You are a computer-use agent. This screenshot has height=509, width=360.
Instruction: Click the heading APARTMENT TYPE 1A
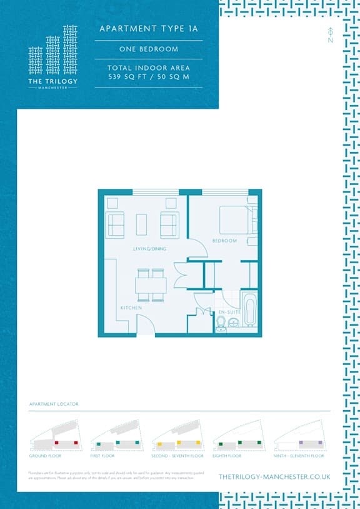[x=149, y=29]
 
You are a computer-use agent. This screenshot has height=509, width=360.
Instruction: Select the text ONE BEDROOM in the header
[x=149, y=49]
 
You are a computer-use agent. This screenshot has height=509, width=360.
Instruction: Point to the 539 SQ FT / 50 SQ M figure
[x=149, y=76]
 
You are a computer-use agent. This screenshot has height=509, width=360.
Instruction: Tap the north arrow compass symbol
[x=329, y=36]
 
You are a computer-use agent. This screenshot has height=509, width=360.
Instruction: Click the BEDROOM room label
[x=224, y=241]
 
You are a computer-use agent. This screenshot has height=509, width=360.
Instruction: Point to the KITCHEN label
[x=131, y=308]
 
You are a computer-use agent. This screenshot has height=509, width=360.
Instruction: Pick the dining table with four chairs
[x=151, y=286]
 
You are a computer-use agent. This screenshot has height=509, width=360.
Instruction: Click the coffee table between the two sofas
[x=142, y=224]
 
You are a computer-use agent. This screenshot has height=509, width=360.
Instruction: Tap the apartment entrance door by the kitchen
[x=145, y=325]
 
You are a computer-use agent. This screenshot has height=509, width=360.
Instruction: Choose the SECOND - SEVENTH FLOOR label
[x=178, y=456]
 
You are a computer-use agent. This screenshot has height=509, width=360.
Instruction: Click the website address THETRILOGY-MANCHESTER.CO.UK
[x=274, y=476]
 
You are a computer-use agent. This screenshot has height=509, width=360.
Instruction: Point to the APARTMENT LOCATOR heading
[x=54, y=405]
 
